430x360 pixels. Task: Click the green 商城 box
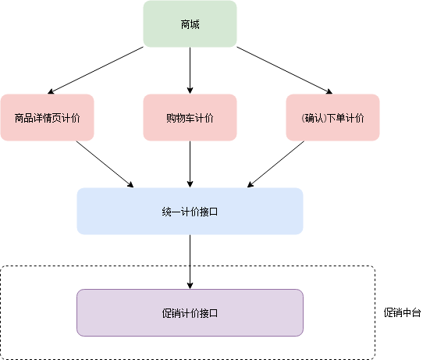pyautogui.click(x=190, y=24)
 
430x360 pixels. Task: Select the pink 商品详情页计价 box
pyautogui.click(x=47, y=117)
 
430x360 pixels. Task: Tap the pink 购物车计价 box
pyautogui.click(x=190, y=117)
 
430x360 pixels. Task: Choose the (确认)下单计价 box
pyautogui.click(x=332, y=117)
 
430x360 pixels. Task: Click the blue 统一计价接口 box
pyautogui.click(x=190, y=211)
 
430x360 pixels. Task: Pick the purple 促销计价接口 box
pyautogui.click(x=190, y=312)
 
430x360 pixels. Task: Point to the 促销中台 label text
pyautogui.click(x=402, y=312)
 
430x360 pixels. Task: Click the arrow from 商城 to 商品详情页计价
pyautogui.click(x=95, y=70)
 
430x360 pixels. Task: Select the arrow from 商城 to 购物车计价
pyautogui.click(x=190, y=70)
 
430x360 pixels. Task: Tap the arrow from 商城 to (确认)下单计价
pyautogui.click(x=285, y=70)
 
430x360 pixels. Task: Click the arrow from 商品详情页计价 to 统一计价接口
pyautogui.click(x=105, y=164)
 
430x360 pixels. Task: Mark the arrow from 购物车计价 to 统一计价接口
pyautogui.click(x=190, y=164)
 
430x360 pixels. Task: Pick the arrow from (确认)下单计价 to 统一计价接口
pyautogui.click(x=275, y=164)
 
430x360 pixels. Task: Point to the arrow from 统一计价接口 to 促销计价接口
pyautogui.click(x=190, y=262)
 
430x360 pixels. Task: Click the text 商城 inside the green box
pyautogui.click(x=190, y=24)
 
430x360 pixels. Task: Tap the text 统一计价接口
pyautogui.click(x=190, y=212)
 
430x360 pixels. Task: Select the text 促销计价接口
pyautogui.click(x=190, y=313)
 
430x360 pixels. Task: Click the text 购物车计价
pyautogui.click(x=190, y=118)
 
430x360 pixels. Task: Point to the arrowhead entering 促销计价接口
pyautogui.click(x=190, y=286)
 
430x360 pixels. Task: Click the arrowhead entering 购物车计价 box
pyautogui.click(x=190, y=91)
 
